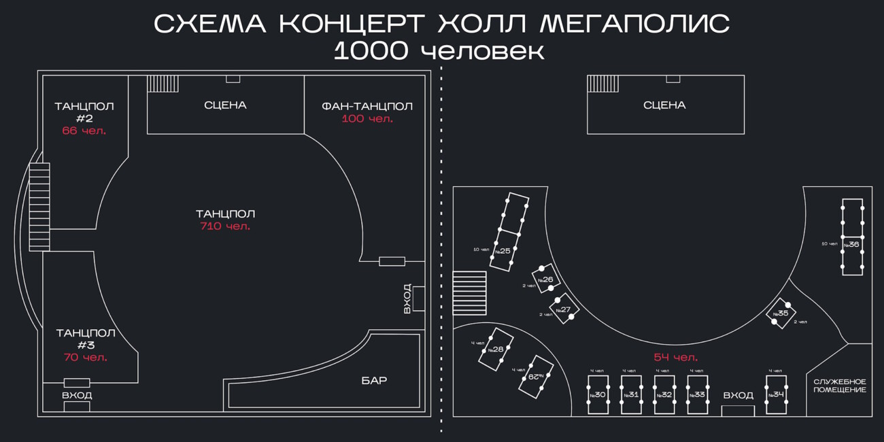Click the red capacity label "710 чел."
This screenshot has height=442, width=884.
[225, 226]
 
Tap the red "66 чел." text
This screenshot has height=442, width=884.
[84, 131]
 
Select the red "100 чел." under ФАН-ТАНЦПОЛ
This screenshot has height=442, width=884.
[367, 118]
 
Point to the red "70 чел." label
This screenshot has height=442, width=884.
[86, 357]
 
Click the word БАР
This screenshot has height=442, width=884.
[374, 380]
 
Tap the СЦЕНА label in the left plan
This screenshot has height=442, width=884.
[225, 105]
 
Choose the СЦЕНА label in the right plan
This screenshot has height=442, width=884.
[664, 105]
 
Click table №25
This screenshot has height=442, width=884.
[509, 232]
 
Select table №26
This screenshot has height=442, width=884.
[546, 279]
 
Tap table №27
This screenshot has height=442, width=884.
[564, 309]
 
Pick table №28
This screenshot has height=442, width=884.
[496, 350]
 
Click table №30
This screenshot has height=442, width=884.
[598, 394]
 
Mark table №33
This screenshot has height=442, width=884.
[697, 394]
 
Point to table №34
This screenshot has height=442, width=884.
[777, 394]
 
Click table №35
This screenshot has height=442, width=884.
[781, 313]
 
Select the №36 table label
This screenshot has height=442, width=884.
[851, 245]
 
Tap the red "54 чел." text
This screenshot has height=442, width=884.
[676, 357]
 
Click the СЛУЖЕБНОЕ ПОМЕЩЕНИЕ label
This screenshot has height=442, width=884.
[840, 386]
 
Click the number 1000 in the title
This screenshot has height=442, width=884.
[371, 51]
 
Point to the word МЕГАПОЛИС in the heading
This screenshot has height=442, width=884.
[634, 24]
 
